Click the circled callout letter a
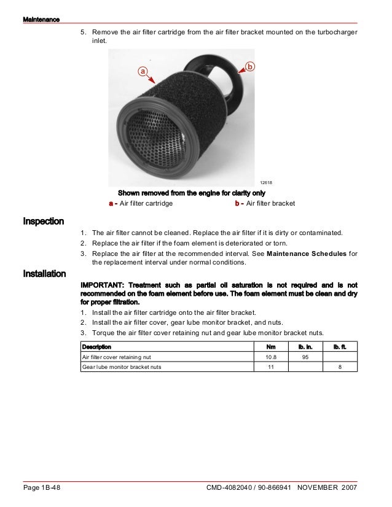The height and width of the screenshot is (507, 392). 142,71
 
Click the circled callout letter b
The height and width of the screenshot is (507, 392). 250,66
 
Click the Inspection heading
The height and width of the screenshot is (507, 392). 43,221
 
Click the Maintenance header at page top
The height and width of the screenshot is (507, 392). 41,20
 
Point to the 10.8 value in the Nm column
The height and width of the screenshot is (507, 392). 270,357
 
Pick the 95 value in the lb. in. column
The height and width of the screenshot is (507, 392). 305,357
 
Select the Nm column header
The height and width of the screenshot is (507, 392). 270,347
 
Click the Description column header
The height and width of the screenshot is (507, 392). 96,347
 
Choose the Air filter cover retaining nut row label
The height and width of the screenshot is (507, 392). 114,357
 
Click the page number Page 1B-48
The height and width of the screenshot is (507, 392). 42,488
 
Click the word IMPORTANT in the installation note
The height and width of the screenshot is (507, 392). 101,285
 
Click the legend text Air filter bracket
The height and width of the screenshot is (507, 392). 270,203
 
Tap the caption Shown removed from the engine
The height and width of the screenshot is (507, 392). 191,192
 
